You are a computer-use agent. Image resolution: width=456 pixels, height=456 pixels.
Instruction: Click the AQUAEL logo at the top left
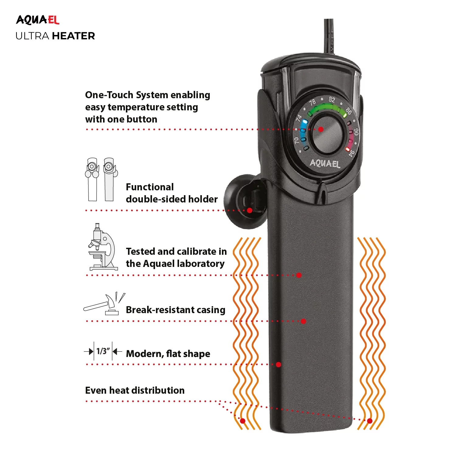tap(37, 20)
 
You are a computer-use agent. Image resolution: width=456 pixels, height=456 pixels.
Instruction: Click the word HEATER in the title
tap(74, 36)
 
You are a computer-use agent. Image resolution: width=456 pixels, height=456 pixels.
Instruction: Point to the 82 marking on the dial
tap(332, 99)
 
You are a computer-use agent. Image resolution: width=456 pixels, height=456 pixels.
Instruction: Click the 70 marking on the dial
tap(296, 140)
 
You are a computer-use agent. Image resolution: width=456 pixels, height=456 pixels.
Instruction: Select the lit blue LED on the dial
tap(304, 122)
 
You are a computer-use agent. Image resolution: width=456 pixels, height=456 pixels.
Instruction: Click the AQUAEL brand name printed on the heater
tap(325, 164)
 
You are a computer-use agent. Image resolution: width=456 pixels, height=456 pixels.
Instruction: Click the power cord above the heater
tap(329, 36)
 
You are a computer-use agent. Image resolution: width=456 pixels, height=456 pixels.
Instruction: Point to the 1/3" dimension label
tap(103, 351)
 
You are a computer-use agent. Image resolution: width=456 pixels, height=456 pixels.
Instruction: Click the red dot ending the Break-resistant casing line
tap(303, 321)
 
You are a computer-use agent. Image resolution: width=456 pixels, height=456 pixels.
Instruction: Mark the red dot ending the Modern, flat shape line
tap(278, 364)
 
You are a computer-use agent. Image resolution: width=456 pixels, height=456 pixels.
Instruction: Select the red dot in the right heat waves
tap(370, 421)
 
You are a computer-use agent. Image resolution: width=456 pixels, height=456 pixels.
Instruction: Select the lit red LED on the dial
tap(347, 149)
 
